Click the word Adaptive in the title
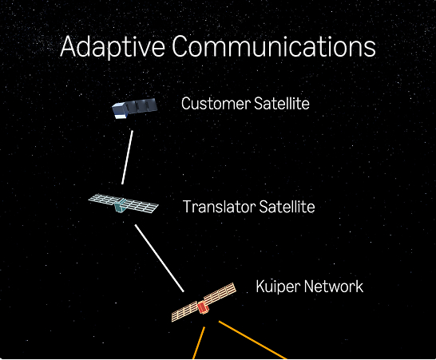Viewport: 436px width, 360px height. coord(113,46)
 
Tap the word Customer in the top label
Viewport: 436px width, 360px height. coord(216,104)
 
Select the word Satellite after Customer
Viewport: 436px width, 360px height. coord(281,104)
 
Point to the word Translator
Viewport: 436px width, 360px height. coord(219,207)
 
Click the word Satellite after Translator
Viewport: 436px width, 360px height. coord(287,207)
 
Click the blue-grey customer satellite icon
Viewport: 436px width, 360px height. coord(135,108)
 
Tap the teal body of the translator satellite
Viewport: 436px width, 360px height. coord(120,206)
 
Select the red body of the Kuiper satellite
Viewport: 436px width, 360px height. coord(204,307)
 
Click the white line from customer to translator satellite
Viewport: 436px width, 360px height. coord(127,157)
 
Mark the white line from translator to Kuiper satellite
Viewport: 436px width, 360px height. coord(160,259)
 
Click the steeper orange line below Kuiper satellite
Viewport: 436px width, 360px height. coord(199,343)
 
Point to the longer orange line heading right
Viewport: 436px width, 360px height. coord(252,340)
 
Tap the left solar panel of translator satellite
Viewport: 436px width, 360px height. coord(104,199)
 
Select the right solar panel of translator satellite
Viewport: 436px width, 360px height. coord(141,206)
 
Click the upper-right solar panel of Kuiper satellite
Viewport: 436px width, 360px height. coord(220,293)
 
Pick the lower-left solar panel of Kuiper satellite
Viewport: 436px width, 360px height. coord(185,311)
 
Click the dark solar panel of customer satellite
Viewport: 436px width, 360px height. coord(141,105)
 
